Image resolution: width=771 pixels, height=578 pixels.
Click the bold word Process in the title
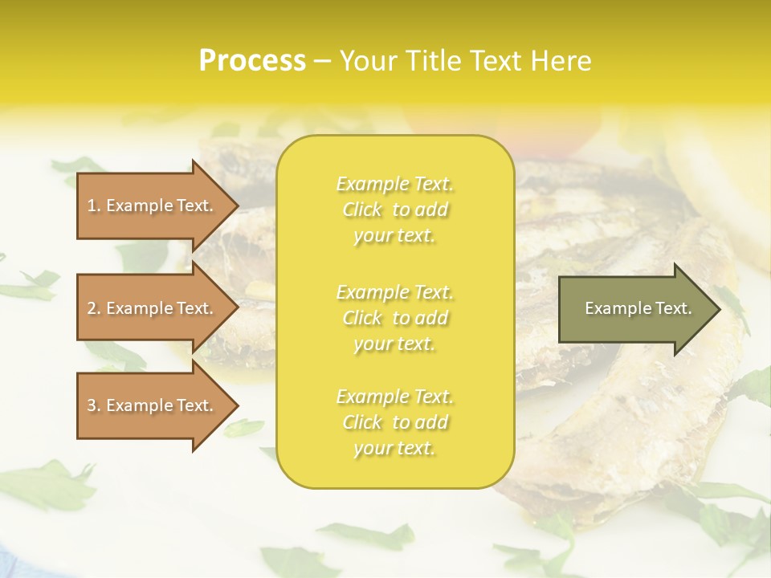(252, 61)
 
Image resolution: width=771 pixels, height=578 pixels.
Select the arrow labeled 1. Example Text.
(153, 206)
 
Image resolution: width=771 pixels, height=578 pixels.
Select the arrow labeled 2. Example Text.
(153, 308)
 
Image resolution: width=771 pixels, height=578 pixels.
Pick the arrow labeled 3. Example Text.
(153, 405)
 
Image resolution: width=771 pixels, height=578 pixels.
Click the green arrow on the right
(634, 309)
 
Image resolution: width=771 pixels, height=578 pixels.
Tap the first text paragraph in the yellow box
(395, 210)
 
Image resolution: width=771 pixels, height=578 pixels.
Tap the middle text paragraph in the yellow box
(395, 318)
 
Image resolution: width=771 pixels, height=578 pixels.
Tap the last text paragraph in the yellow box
(395, 422)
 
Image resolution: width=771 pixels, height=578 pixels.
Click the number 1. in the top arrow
(94, 206)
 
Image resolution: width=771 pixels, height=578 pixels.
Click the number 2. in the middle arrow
(94, 308)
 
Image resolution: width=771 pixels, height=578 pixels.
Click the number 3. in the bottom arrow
(94, 405)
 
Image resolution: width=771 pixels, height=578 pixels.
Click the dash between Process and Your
(322, 61)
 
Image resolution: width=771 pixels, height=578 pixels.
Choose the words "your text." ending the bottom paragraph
(394, 449)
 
